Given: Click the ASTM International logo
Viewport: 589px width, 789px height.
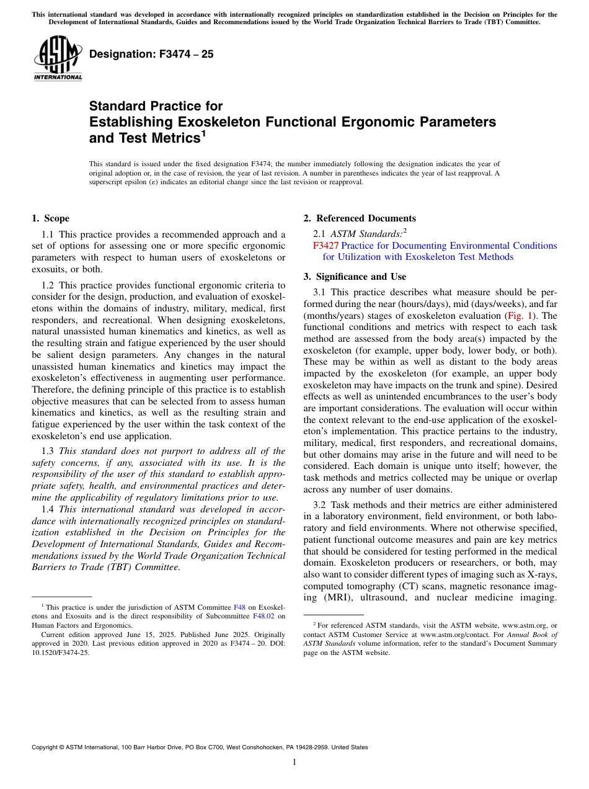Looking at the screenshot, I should point(58,58).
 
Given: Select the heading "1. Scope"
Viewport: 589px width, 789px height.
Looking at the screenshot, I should point(50,218).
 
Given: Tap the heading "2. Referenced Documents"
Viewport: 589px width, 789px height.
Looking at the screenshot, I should point(360,218).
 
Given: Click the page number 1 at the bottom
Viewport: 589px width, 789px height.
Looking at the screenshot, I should point(294,762).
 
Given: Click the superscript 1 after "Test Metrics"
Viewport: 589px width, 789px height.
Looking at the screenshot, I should point(203,134).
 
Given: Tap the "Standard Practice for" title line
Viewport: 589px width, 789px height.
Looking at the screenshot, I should point(156,106).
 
